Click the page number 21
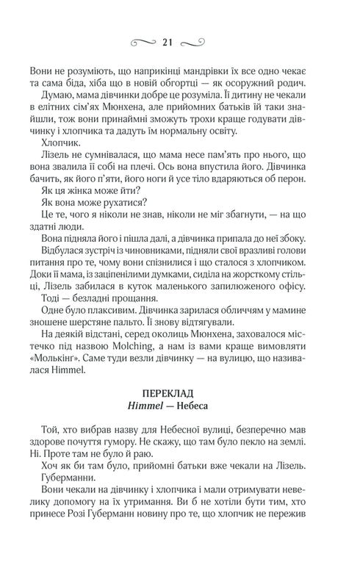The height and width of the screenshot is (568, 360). [180, 43]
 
